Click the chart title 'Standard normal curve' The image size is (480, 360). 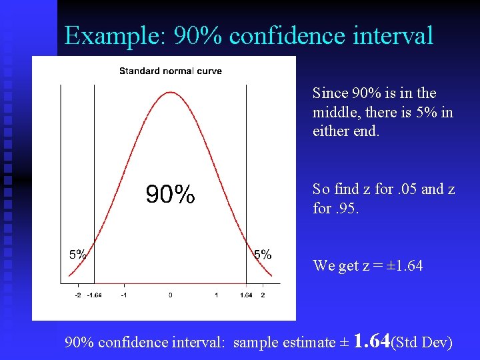171,71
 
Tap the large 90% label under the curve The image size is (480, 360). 171,195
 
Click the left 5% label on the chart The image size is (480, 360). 78,254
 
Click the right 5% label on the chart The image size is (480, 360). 263,254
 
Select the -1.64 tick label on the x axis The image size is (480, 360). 94,295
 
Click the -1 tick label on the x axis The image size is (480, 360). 124,295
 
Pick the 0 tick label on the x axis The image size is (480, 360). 171,295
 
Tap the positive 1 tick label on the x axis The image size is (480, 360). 216,295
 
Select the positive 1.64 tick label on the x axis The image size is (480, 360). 246,295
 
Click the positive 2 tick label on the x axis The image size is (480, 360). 263,295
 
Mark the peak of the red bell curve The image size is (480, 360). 171,93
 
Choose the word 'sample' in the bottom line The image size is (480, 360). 257,343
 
